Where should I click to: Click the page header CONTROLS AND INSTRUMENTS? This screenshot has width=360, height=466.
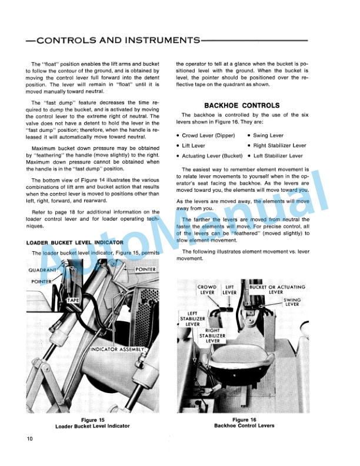click(x=112, y=41)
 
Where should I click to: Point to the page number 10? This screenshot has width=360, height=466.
click(x=30, y=439)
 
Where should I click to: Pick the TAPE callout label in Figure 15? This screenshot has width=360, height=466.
click(x=73, y=300)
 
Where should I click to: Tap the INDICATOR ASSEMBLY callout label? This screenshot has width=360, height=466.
click(x=117, y=349)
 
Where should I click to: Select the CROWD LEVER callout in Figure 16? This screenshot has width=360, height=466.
click(x=208, y=289)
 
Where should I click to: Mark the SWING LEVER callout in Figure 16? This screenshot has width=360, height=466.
click(x=292, y=302)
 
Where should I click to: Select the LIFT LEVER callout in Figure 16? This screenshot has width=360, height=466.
click(x=230, y=289)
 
